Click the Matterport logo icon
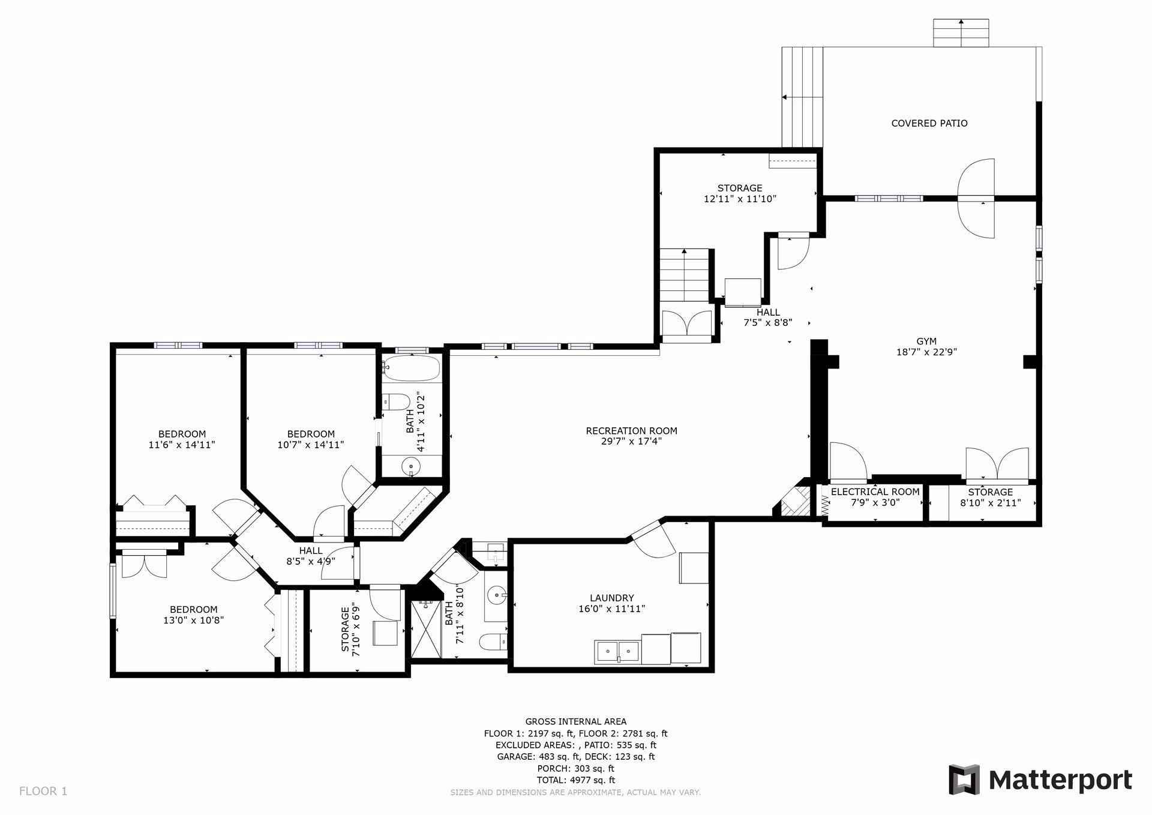(x=964, y=780)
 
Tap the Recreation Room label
(x=631, y=431)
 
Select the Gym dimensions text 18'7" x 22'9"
(x=926, y=352)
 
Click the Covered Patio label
(x=929, y=123)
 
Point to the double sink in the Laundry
(x=617, y=651)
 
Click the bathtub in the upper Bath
(x=412, y=368)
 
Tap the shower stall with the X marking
(x=427, y=630)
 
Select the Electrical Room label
(x=875, y=492)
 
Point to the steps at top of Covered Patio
(x=961, y=33)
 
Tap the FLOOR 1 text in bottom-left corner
(x=43, y=791)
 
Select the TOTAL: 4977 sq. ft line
(x=575, y=780)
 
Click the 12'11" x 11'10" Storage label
(x=740, y=193)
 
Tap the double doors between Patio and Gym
(x=976, y=198)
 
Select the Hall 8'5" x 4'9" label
(x=310, y=556)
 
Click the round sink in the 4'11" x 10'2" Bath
(x=411, y=465)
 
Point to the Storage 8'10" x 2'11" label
(x=990, y=498)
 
